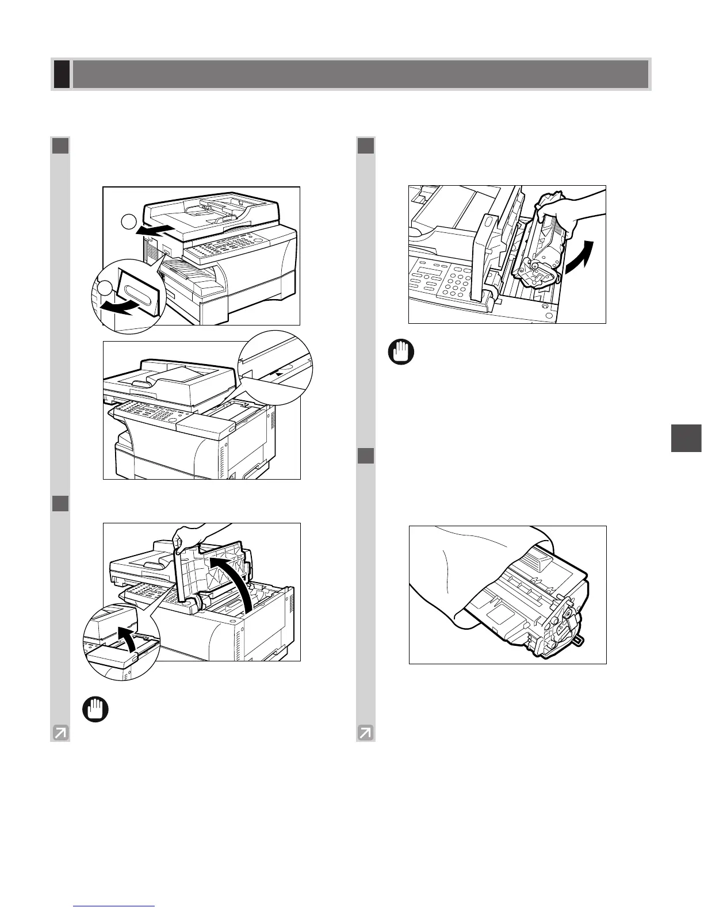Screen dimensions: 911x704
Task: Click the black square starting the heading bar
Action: pos(62,75)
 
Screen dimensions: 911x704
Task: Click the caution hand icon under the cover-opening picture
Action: pos(95,709)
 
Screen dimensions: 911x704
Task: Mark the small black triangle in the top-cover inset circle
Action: pos(280,372)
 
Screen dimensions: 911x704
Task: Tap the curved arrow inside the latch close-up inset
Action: pos(126,639)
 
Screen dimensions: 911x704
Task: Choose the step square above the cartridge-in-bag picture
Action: pos(365,455)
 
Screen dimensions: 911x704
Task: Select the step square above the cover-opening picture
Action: pos(60,503)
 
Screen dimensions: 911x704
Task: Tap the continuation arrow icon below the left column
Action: pos(60,732)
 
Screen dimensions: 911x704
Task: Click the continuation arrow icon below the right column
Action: pos(366,732)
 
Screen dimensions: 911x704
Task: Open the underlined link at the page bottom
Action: pos(115,906)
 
